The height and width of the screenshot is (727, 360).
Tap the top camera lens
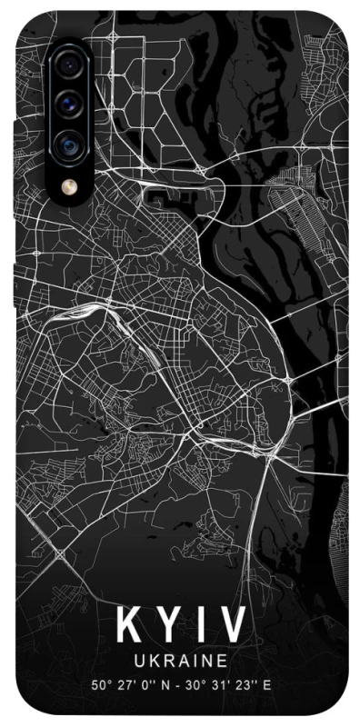(69, 66)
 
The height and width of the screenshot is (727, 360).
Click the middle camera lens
(69, 105)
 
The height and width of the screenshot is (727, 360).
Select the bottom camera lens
(69, 144)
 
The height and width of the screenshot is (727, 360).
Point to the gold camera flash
(69, 186)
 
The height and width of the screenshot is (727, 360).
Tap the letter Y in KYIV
(165, 625)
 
